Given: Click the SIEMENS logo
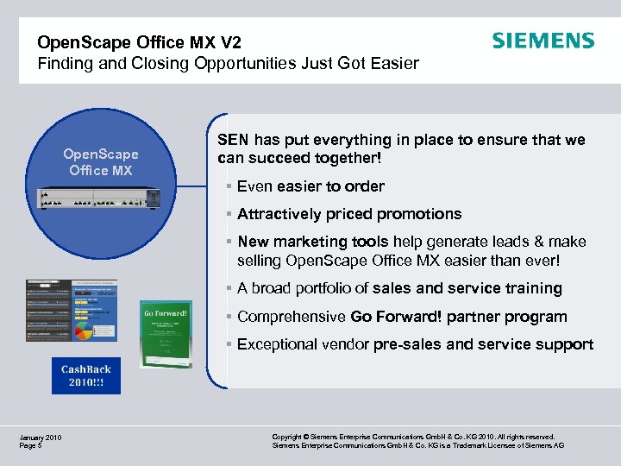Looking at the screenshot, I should tap(543, 41).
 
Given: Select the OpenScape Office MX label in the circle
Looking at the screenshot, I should tap(101, 162).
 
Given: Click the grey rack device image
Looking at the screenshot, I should tap(100, 198).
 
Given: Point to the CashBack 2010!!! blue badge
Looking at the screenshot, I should tap(86, 375).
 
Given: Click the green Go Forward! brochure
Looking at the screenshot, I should tap(166, 332).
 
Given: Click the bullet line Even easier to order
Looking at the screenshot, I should tap(310, 186).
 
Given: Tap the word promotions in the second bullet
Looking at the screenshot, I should tap(423, 214).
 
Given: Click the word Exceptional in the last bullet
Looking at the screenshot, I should tap(278, 344).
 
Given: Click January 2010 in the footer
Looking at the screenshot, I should tap(41, 438).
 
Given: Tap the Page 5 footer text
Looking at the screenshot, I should tap(30, 446).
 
